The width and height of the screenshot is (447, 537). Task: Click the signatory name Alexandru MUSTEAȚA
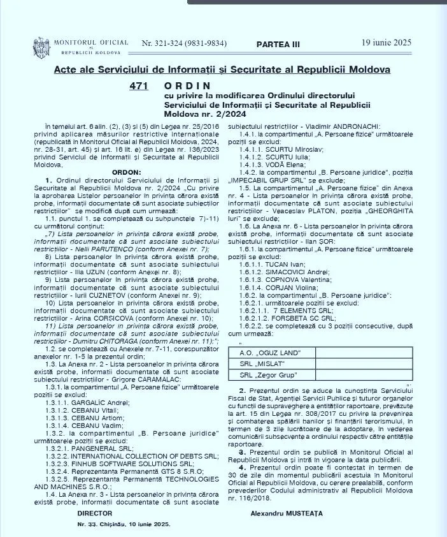(287, 513)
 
